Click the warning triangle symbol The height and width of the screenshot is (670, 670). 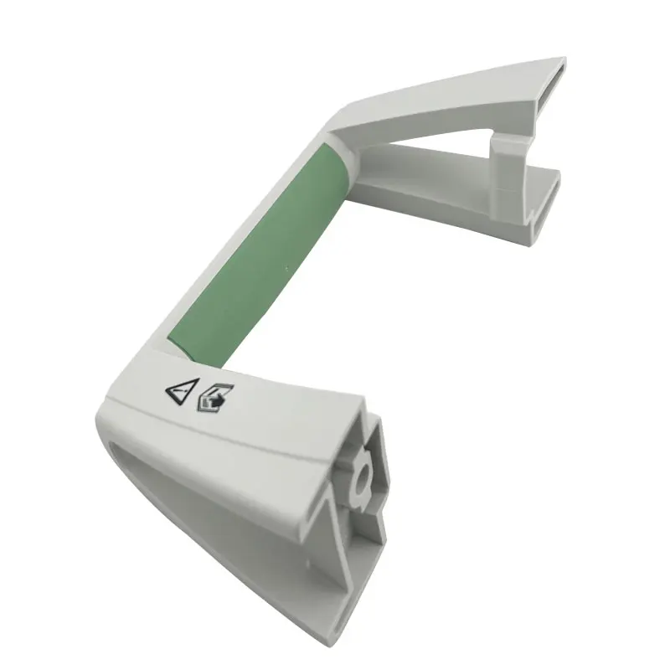click(183, 390)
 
